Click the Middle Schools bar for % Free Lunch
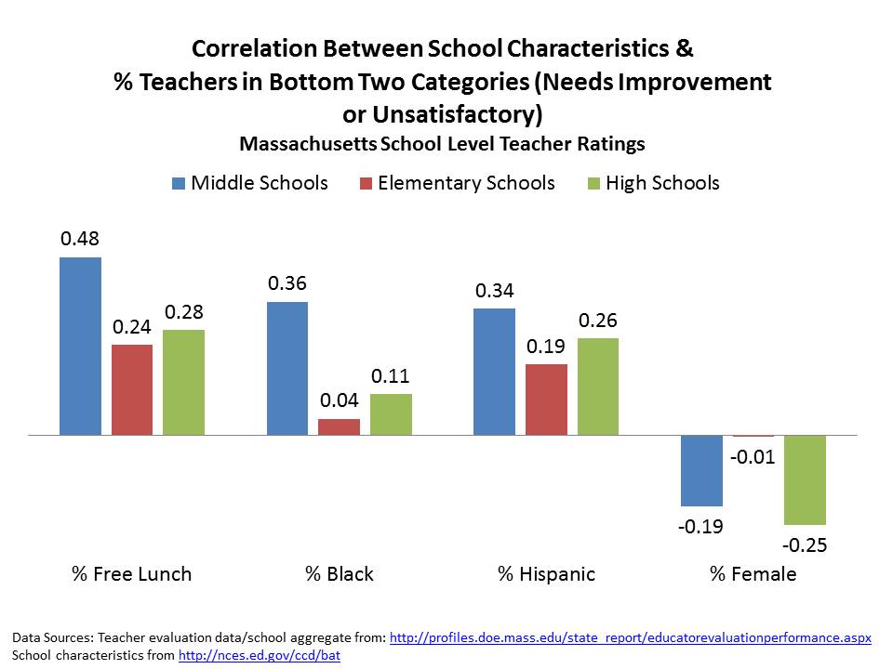point(80,346)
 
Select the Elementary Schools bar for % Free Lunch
point(132,389)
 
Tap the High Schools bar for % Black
point(391,414)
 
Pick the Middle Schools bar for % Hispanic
point(494,372)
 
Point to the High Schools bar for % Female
point(805,479)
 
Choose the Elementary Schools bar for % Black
point(339,427)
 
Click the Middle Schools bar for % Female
point(701,470)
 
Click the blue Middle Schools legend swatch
point(179,183)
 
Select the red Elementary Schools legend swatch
point(366,183)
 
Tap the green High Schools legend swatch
point(593,183)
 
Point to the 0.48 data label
point(80,239)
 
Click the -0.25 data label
point(805,544)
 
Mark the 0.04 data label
point(339,400)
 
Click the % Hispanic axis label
point(546,573)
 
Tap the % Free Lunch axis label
point(132,573)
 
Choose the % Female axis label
point(753,573)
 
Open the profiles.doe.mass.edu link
point(630,638)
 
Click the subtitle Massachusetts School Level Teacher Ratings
point(442,144)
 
